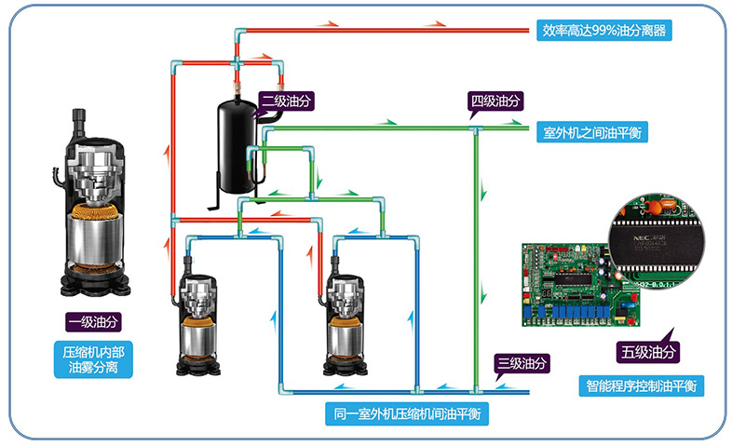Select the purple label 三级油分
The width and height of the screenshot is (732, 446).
click(522, 363)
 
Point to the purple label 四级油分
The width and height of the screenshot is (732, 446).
click(495, 100)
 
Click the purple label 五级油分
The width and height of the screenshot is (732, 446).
click(649, 352)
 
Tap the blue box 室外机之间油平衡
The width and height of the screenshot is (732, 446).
click(595, 132)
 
